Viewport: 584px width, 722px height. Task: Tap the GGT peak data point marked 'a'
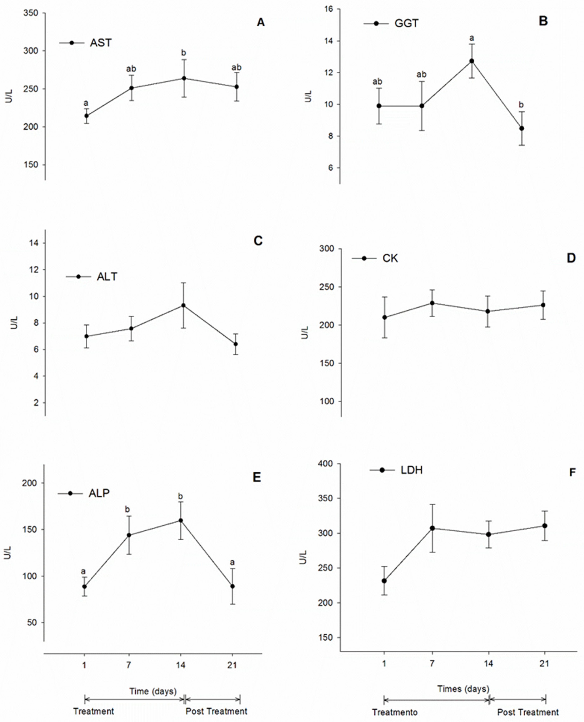pos(472,61)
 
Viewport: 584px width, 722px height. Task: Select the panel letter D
pos(571,258)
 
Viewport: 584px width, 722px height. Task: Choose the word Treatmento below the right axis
pos(395,712)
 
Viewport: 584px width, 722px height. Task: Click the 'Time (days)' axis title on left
pos(153,691)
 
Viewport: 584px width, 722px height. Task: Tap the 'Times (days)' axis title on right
pos(463,689)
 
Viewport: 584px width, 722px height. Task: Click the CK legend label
pos(390,258)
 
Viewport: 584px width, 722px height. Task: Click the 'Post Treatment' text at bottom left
pos(216,711)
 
